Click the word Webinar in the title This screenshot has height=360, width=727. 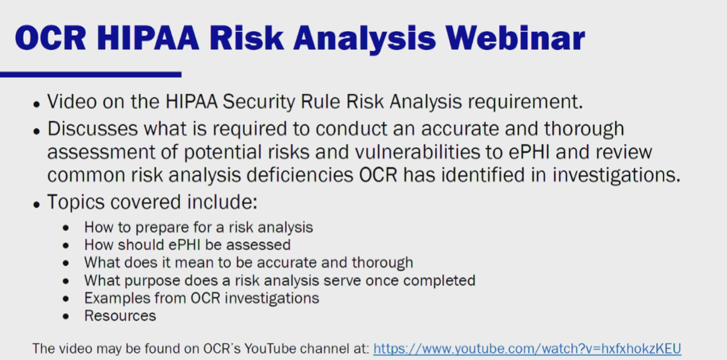click(515, 38)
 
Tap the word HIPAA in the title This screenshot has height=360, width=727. click(148, 38)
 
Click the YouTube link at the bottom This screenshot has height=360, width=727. click(527, 349)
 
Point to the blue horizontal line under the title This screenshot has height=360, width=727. click(91, 75)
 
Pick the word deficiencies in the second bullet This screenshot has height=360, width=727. click(300, 175)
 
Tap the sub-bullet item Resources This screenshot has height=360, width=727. click(120, 316)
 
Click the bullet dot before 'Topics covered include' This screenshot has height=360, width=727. click(36, 205)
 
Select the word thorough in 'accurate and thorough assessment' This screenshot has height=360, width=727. click(584, 128)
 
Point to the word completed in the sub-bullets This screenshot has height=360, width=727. click(439, 281)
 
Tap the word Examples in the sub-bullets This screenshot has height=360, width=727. click(117, 298)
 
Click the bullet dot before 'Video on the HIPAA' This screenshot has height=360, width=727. click(36, 104)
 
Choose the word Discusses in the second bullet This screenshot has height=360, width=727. click(93, 128)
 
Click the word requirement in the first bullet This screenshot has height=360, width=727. click(526, 102)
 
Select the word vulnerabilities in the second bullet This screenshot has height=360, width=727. click(418, 152)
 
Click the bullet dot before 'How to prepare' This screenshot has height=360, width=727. click(66, 228)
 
